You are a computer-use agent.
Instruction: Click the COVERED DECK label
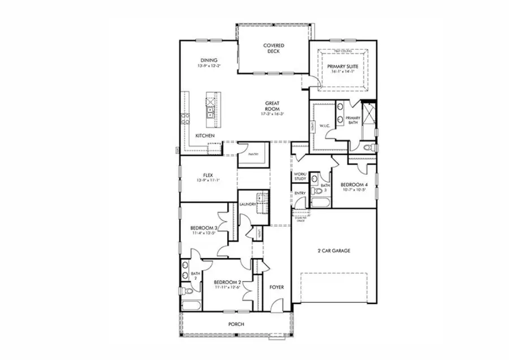coord(274,48)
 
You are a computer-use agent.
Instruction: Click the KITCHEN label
coord(205,136)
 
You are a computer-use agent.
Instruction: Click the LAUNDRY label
coord(247,204)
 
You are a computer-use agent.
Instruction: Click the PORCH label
coord(236,324)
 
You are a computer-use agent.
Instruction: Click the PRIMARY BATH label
coord(353,120)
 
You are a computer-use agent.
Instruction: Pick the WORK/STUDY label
coord(300,176)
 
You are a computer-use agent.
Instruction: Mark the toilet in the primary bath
coord(368,147)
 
